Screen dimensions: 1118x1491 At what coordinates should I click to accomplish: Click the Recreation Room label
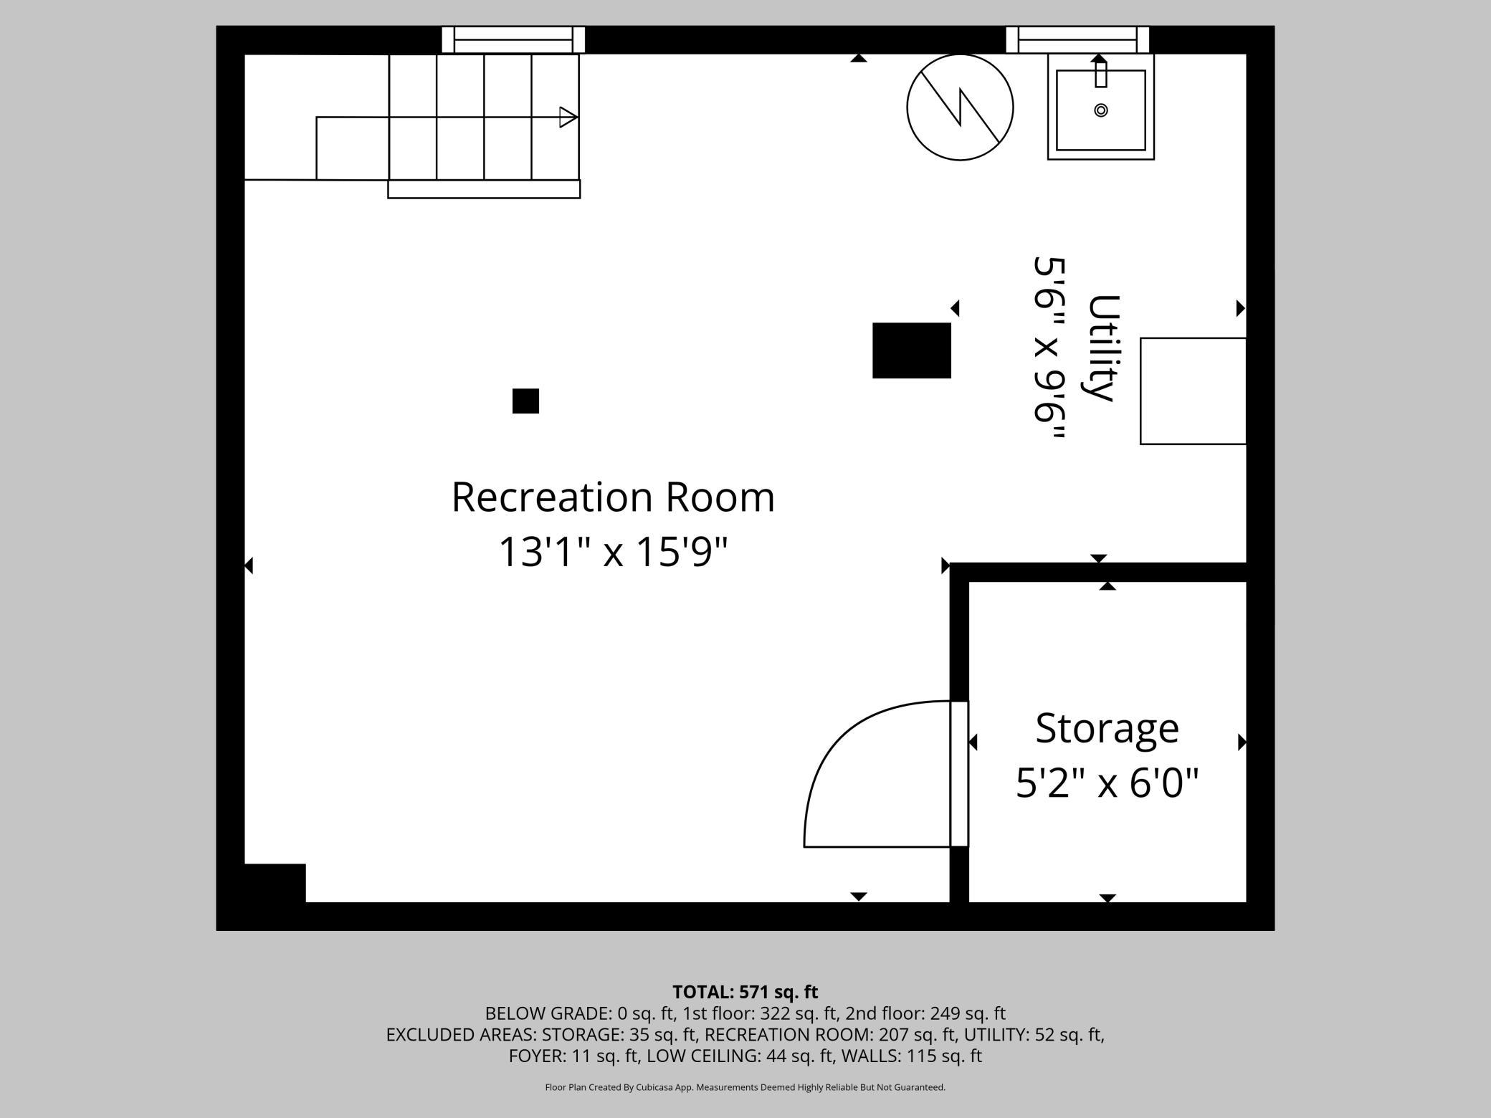613,497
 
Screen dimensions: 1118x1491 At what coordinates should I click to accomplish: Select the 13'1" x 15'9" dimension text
613,553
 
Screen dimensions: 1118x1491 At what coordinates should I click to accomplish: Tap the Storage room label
1107,728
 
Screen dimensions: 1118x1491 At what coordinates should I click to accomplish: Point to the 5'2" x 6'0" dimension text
1107,783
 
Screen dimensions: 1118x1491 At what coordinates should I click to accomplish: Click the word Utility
1103,348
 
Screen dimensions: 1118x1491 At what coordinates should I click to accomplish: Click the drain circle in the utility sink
1101,110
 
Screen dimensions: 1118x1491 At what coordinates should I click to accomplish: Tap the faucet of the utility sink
1101,74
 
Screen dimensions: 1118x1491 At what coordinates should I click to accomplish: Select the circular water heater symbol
960,107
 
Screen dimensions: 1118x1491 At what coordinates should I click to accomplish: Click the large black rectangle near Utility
911,350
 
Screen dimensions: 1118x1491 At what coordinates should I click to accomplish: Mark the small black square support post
525,401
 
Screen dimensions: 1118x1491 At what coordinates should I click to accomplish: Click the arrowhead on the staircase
568,117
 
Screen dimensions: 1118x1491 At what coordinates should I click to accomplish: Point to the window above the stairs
513,40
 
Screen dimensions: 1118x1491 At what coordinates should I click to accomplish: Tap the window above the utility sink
1077,40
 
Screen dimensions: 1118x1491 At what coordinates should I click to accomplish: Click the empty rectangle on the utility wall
1193,391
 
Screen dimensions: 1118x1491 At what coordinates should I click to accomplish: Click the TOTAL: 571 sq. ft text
745,992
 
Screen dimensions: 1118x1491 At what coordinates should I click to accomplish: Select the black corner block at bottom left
275,883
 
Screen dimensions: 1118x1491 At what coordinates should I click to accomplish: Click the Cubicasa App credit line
745,1087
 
